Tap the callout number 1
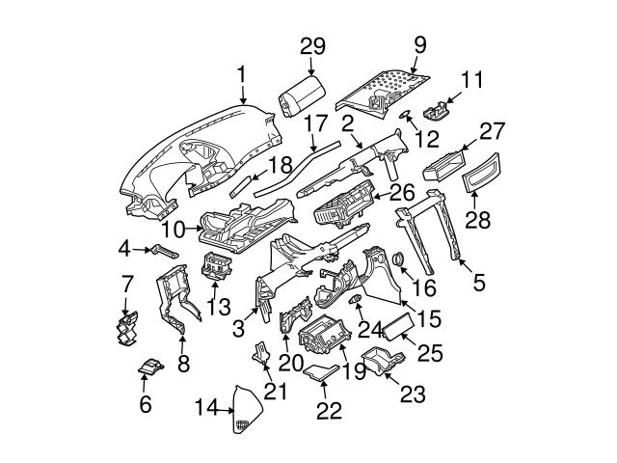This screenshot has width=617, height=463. tap(242, 72)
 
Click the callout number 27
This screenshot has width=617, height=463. tap(493, 130)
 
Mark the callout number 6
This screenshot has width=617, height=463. tap(146, 404)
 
